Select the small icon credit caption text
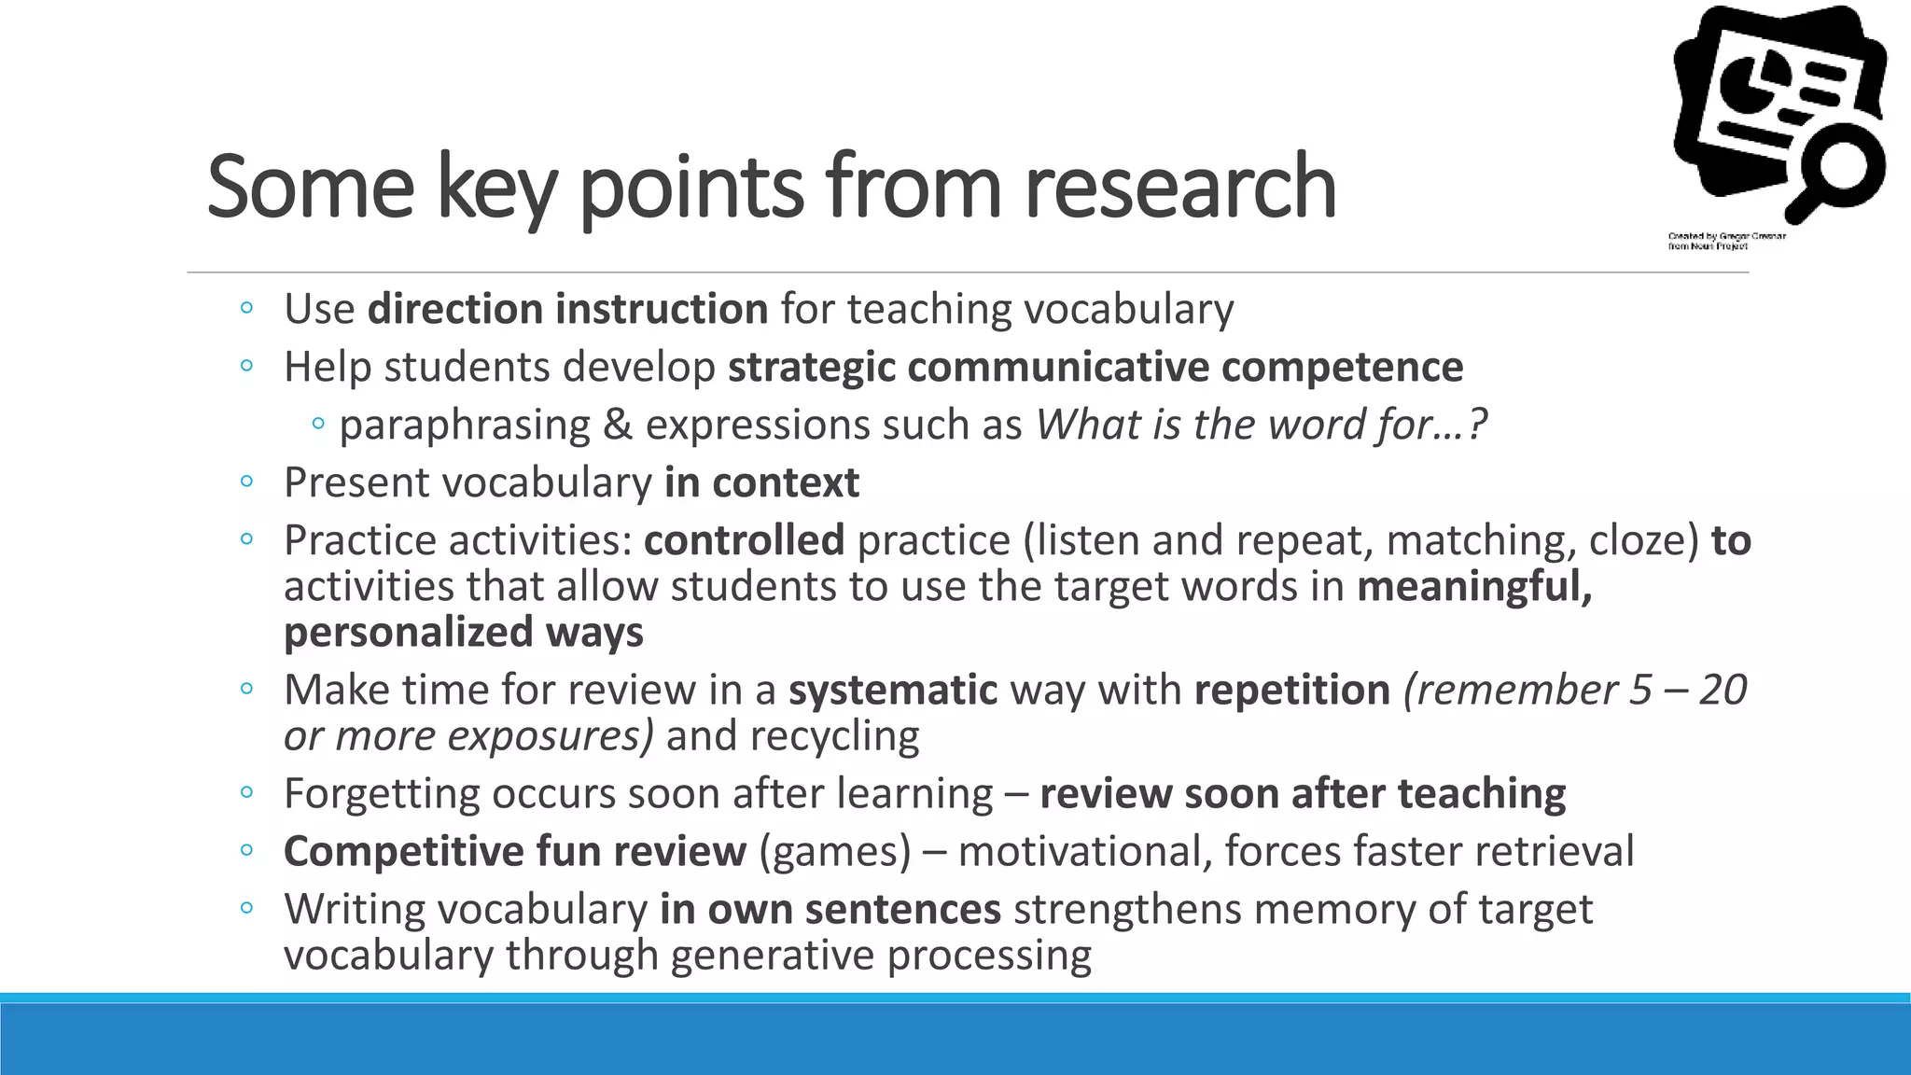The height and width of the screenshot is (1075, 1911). point(1726,241)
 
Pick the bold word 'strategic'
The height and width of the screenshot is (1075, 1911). point(812,367)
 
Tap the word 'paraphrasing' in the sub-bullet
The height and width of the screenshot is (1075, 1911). point(465,426)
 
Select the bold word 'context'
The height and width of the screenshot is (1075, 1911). point(785,482)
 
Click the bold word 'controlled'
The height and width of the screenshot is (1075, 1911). point(744,540)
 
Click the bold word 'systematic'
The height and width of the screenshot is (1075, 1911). point(893,690)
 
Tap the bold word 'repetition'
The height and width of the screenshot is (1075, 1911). point(1292,690)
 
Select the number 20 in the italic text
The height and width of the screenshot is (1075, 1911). point(1722,690)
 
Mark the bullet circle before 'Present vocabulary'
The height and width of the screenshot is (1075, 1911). point(246,482)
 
